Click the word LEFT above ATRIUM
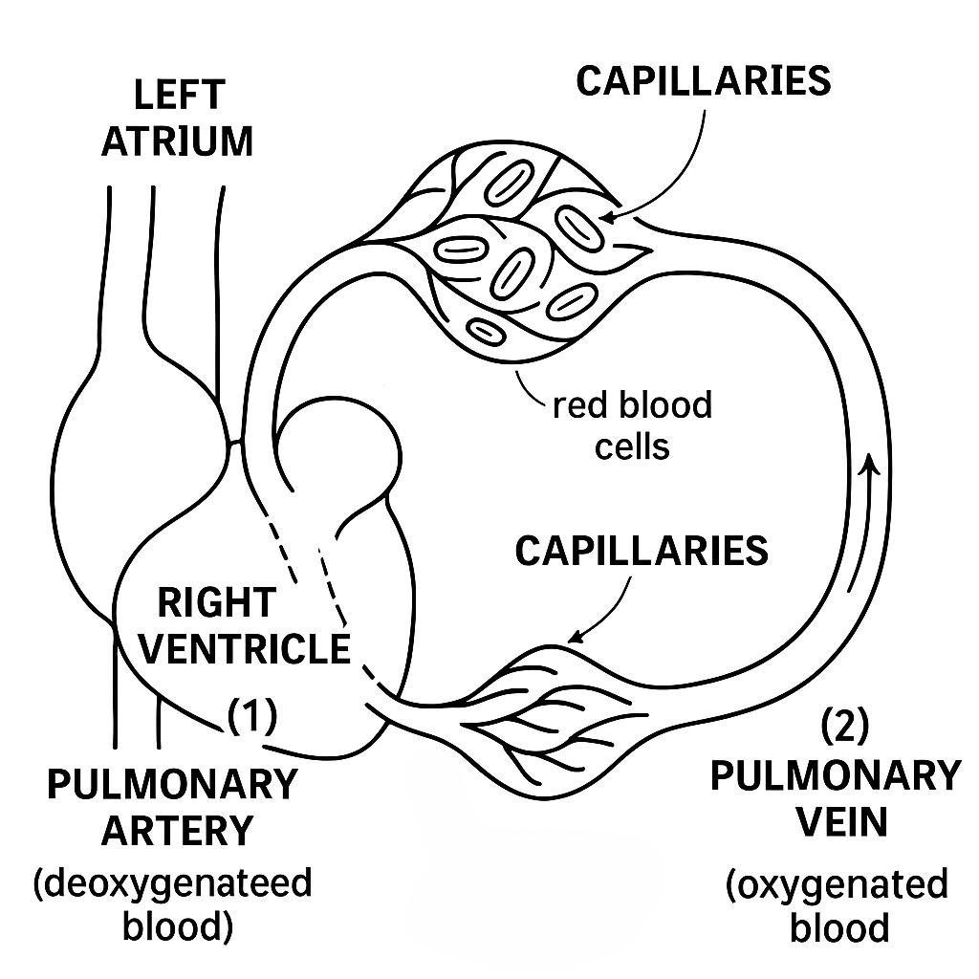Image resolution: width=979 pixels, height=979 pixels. coord(178,97)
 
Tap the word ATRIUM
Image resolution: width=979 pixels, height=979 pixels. coord(178,141)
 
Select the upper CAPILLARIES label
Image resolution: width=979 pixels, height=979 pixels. coord(704,82)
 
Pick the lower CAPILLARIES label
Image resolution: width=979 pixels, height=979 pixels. coord(642,552)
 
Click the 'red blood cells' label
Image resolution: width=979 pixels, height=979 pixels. coord(632,424)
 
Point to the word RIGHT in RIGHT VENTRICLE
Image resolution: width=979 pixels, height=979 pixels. coord(216,603)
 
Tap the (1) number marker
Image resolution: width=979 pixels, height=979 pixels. coord(252,714)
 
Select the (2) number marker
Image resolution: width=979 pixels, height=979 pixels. coord(845,729)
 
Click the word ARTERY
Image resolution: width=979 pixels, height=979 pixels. coord(178,830)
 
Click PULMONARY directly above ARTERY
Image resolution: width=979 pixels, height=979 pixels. coord(173,785)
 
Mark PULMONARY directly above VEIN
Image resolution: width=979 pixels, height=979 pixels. coord(835,775)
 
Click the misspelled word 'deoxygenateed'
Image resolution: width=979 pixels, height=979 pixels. coord(173,882)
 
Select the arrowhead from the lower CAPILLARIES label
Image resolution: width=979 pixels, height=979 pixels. coord(575,638)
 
